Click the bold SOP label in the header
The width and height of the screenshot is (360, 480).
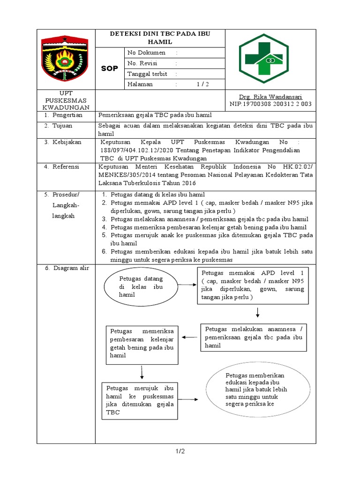(109, 69)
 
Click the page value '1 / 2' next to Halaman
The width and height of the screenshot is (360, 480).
(202, 84)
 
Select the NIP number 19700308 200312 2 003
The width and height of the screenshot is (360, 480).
(270, 104)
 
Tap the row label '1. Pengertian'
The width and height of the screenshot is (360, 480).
(63, 115)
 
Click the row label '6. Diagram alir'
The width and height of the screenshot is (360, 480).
(65, 268)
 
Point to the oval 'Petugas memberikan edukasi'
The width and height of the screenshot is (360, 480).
(259, 390)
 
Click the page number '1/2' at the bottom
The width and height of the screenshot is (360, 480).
(180, 451)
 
